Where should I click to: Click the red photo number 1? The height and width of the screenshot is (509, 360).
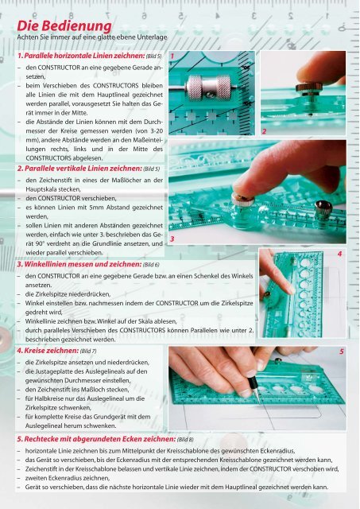point(173,56)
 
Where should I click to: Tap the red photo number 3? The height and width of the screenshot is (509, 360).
point(172,227)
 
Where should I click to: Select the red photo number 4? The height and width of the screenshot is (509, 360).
point(340,253)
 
